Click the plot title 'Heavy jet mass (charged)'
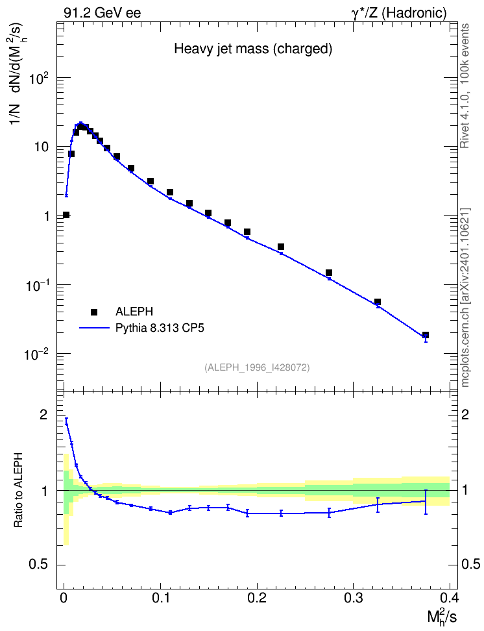tap(253, 49)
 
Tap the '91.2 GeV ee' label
tap(103, 13)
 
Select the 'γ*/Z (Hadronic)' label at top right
tap(399, 13)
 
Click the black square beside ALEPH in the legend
tap(94, 312)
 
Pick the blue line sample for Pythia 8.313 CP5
tap(94, 328)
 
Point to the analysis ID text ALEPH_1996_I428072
tap(257, 367)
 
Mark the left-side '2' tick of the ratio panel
tap(43, 414)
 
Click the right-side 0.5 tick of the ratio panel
tap(471, 564)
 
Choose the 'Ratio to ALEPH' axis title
tap(18, 490)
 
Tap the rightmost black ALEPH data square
tap(426, 335)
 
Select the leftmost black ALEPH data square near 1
tap(66, 215)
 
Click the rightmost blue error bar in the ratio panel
tap(426, 502)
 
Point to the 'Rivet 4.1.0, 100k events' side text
tap(465, 86)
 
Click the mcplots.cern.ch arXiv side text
tap(465, 298)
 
